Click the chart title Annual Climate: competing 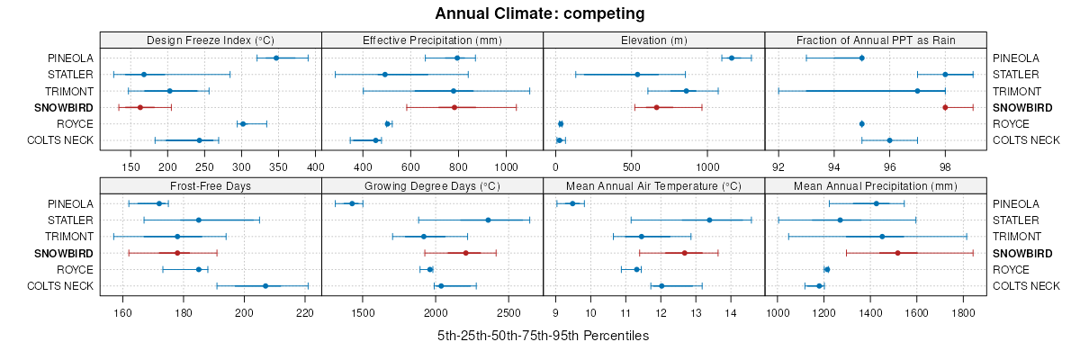tap(539, 13)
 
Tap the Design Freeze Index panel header tap(211, 40)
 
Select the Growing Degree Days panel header tap(432, 185)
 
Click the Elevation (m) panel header tap(654, 40)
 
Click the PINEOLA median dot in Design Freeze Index tap(276, 58)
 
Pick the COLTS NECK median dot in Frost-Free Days tap(265, 286)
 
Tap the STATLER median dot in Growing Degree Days tap(488, 220)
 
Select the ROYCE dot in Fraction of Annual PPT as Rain tap(861, 123)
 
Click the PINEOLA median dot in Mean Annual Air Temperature tap(572, 203)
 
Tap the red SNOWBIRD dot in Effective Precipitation tap(454, 107)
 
